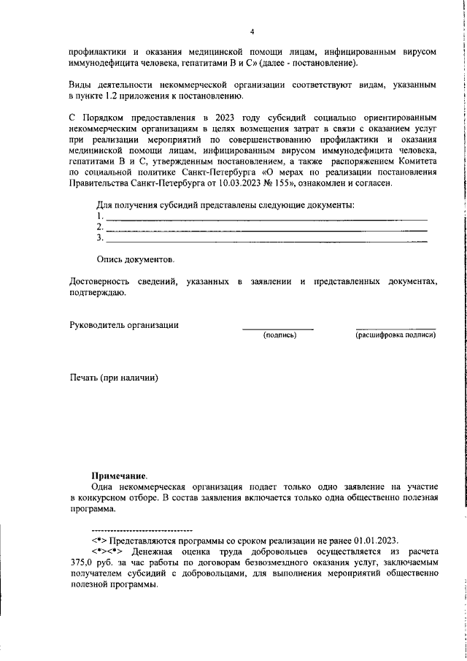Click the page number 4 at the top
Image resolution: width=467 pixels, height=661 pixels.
[252, 32]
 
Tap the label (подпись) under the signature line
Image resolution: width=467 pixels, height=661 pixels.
[279, 335]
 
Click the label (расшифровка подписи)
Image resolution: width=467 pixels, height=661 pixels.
[395, 335]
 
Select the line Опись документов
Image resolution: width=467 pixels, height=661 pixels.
[136, 259]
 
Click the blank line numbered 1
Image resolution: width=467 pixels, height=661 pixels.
[266, 218]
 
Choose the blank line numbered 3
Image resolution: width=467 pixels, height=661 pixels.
[266, 239]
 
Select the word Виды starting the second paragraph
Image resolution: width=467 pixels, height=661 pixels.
[81, 85]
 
